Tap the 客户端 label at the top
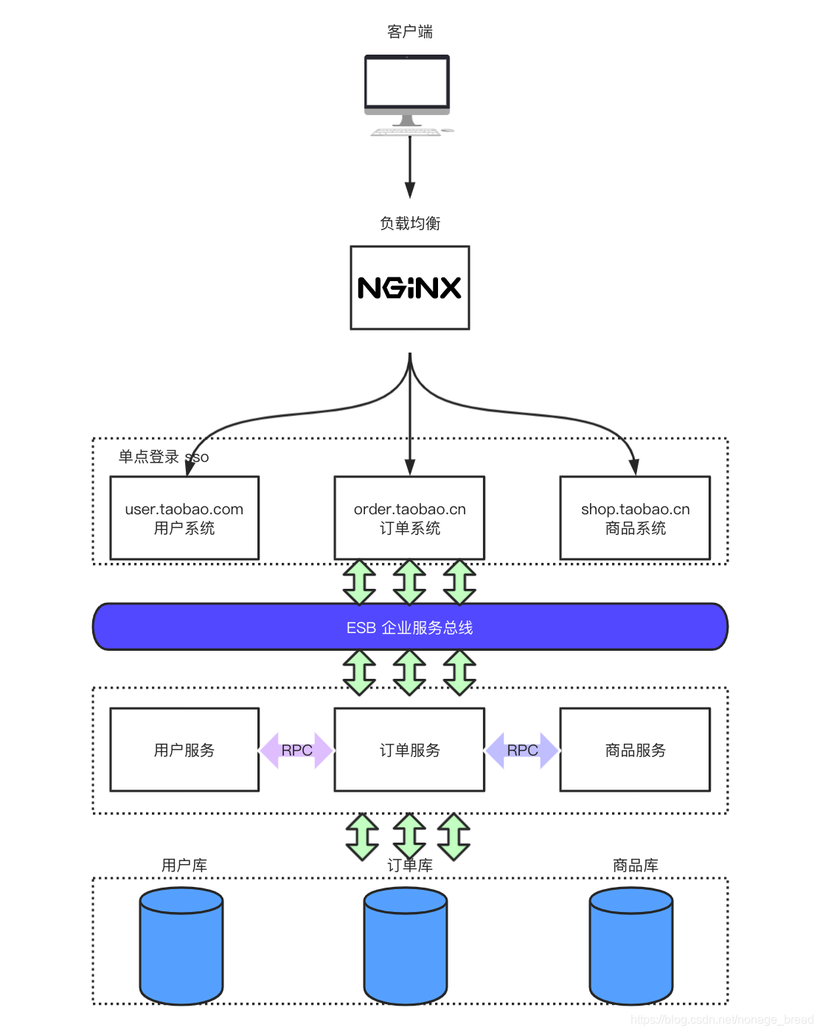point(410,32)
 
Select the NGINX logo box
point(410,288)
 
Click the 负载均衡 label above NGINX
point(410,223)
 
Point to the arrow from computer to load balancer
point(410,167)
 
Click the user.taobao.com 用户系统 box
point(184,518)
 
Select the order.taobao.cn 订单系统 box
point(410,518)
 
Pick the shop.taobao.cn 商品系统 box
point(635,518)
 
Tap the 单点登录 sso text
point(163,457)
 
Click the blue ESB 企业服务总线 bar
point(410,627)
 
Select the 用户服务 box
point(184,750)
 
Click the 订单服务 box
point(410,750)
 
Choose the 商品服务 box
point(635,750)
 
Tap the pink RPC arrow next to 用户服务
point(297,750)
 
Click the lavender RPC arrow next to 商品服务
point(522,750)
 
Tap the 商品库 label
point(635,865)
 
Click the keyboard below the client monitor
point(406,132)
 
